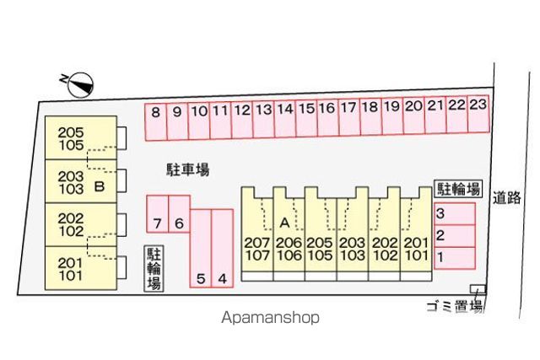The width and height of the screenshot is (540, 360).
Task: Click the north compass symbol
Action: pos(81,85)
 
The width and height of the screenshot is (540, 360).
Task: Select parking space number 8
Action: pos(155,122)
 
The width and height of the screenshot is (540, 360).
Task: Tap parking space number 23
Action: pos(478,114)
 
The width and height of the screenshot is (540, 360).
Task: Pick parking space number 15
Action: pos(306,118)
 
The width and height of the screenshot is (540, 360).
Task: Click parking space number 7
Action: pos(158,214)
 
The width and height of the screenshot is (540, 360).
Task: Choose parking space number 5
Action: pos(201,248)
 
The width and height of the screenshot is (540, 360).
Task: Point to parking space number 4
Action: pos(223,248)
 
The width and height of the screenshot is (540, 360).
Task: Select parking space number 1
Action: pos(455,258)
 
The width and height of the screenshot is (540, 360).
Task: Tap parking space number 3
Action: pos(455,214)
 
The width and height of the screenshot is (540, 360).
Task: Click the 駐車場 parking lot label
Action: pos(187,170)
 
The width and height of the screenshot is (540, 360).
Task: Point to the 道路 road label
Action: pos(506,197)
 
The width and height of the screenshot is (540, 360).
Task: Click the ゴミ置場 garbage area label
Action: pos(455,306)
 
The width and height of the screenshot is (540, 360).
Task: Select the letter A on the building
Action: pos(285,223)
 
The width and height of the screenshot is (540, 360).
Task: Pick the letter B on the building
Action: pos(100,186)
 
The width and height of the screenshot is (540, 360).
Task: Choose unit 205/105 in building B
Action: pos(81,137)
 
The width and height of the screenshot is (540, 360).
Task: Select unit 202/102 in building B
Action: pos(81,225)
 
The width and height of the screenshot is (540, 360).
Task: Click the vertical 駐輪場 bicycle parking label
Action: pos(154,268)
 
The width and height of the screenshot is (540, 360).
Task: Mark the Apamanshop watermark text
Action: pos(270,317)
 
